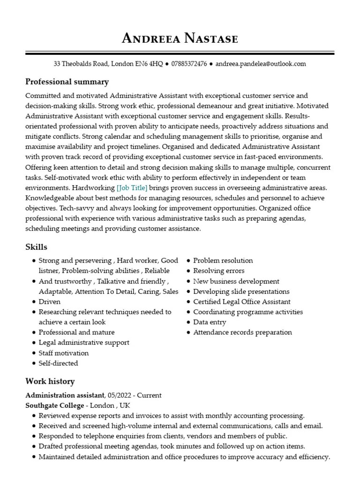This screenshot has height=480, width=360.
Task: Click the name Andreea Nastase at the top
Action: coord(180,38)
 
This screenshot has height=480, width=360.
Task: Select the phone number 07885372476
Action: coord(189,64)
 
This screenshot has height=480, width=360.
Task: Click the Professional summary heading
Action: coord(67,82)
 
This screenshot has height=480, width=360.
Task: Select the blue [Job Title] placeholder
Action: coord(132,188)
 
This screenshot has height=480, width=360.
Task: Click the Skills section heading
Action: coord(36,247)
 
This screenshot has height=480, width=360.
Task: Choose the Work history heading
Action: coord(50,382)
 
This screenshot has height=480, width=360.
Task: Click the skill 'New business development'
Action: coord(236,281)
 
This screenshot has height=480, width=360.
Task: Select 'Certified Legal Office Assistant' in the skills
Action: coord(241,302)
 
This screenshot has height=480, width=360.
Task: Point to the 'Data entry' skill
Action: coord(210,322)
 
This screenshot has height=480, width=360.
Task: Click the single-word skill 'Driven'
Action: coord(49,302)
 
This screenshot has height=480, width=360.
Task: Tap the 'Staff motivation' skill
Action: coord(63,353)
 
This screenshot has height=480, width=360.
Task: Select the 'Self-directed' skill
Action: coord(58,363)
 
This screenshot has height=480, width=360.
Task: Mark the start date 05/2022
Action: coord(120,395)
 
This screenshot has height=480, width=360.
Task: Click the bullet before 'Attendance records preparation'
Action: coord(188,333)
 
